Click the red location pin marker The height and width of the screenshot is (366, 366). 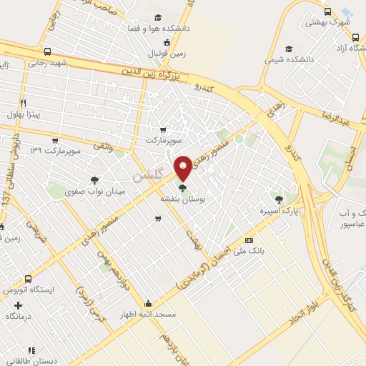pos(184,168)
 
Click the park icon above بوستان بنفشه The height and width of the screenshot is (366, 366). pos(184,188)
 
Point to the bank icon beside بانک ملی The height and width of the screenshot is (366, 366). pos(249,240)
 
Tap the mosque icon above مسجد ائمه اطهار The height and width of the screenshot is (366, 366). pos(148,303)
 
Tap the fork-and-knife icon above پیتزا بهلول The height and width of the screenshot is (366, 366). pos(23,103)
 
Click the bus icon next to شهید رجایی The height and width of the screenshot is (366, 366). pos(47,51)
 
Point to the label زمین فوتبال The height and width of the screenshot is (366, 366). pos(167,53)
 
